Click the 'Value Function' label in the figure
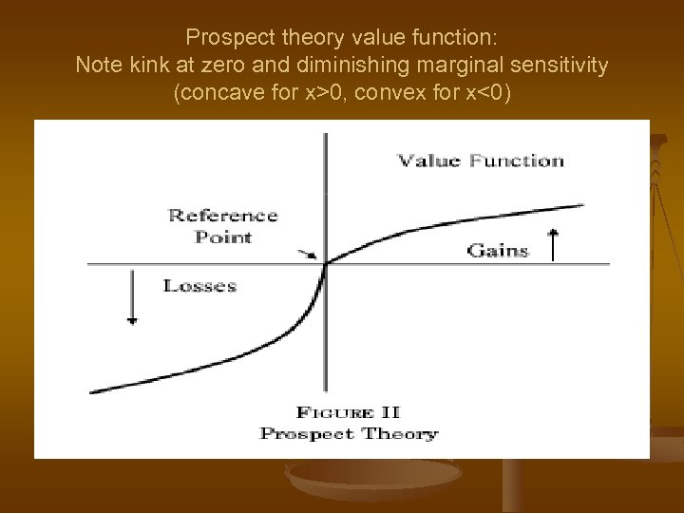pyautogui.click(x=480, y=161)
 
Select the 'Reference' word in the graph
pyautogui.click(x=223, y=215)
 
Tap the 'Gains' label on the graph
pyautogui.click(x=497, y=251)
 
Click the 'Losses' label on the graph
pyautogui.click(x=199, y=285)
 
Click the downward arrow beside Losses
pyautogui.click(x=132, y=297)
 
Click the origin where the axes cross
pyautogui.click(x=325, y=263)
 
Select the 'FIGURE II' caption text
pyautogui.click(x=348, y=412)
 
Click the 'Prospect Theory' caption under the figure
pyautogui.click(x=349, y=434)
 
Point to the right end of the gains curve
pyautogui.click(x=581, y=204)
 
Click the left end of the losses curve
pyautogui.click(x=91, y=390)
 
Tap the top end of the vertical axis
pyautogui.click(x=325, y=135)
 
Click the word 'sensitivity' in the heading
pyautogui.click(x=562, y=66)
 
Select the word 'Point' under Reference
pyautogui.click(x=223, y=237)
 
